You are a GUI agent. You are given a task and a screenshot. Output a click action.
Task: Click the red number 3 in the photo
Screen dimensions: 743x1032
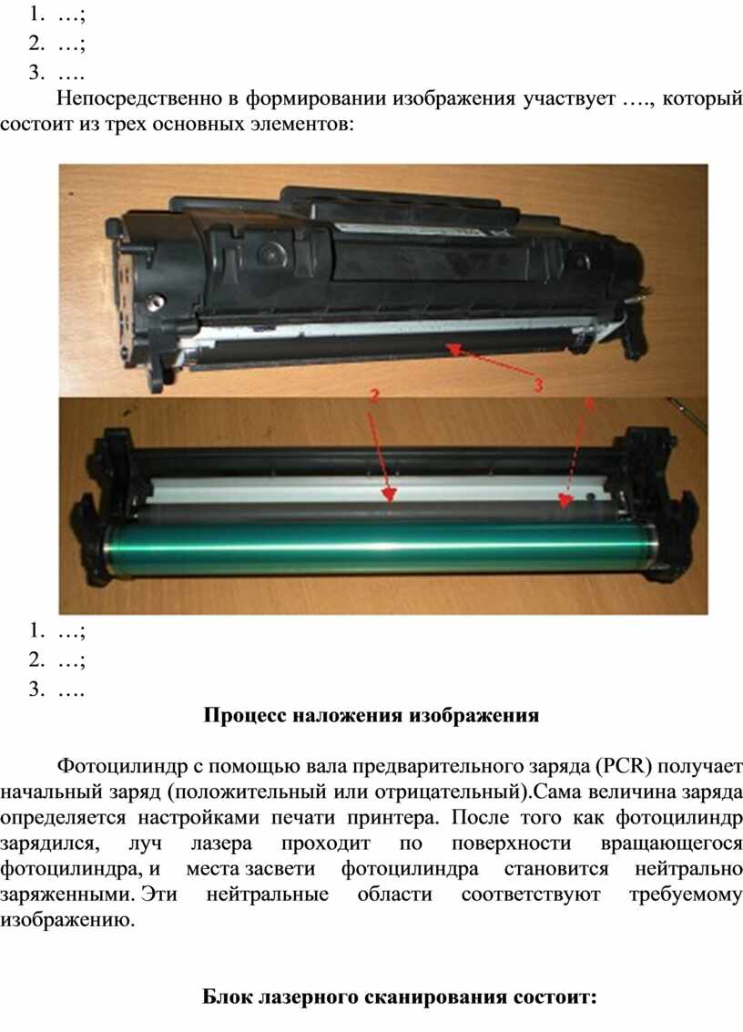[x=538, y=385]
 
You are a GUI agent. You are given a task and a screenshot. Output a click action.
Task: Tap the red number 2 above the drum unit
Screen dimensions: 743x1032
[x=374, y=395]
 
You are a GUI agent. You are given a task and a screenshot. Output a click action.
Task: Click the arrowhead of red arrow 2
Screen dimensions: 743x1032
[x=390, y=495]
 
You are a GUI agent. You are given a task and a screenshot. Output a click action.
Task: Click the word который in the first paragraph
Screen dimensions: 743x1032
[x=702, y=99]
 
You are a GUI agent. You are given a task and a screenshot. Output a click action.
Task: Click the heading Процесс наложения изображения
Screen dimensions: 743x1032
[x=371, y=715]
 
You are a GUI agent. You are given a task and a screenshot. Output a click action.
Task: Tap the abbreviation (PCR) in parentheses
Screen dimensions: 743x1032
[x=624, y=766]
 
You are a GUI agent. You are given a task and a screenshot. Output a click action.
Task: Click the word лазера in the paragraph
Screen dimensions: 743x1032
[x=221, y=843]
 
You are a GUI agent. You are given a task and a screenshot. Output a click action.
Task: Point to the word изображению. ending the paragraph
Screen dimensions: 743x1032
[x=67, y=920]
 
